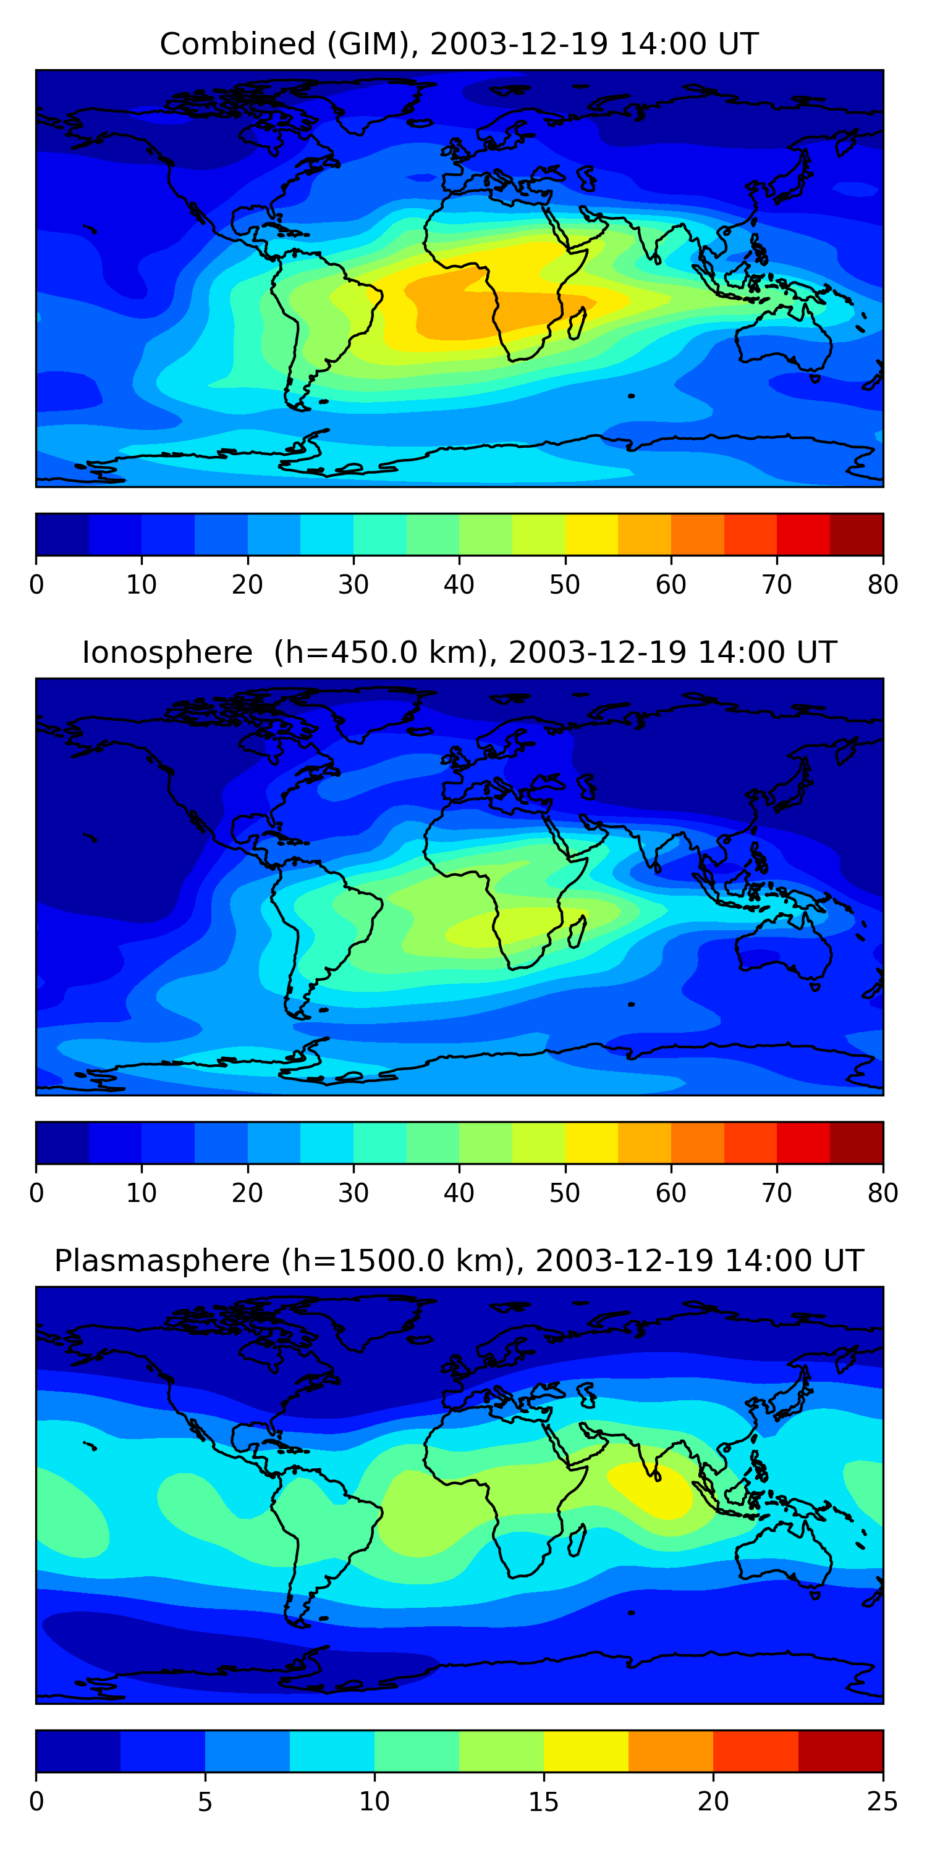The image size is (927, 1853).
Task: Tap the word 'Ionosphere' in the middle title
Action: (x=167, y=652)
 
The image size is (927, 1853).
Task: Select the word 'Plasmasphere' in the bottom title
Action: (x=162, y=1261)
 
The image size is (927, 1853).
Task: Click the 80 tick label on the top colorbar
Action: (x=883, y=585)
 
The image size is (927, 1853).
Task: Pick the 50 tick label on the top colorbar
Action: (x=565, y=585)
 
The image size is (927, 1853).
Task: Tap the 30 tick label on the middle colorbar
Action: (x=353, y=1193)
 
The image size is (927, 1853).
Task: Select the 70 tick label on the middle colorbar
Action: (x=777, y=1193)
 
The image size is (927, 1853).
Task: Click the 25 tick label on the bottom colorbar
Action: (x=883, y=1802)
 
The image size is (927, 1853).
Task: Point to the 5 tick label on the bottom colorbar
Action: (x=205, y=1802)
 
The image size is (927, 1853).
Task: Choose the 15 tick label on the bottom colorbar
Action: (x=543, y=1802)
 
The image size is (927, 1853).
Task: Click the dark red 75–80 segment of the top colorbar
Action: (x=857, y=534)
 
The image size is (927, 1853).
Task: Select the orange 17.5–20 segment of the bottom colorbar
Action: (x=671, y=1752)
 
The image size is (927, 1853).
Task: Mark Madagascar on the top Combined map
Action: (x=577, y=322)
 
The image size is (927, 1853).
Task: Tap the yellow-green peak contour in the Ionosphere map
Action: (x=519, y=928)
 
